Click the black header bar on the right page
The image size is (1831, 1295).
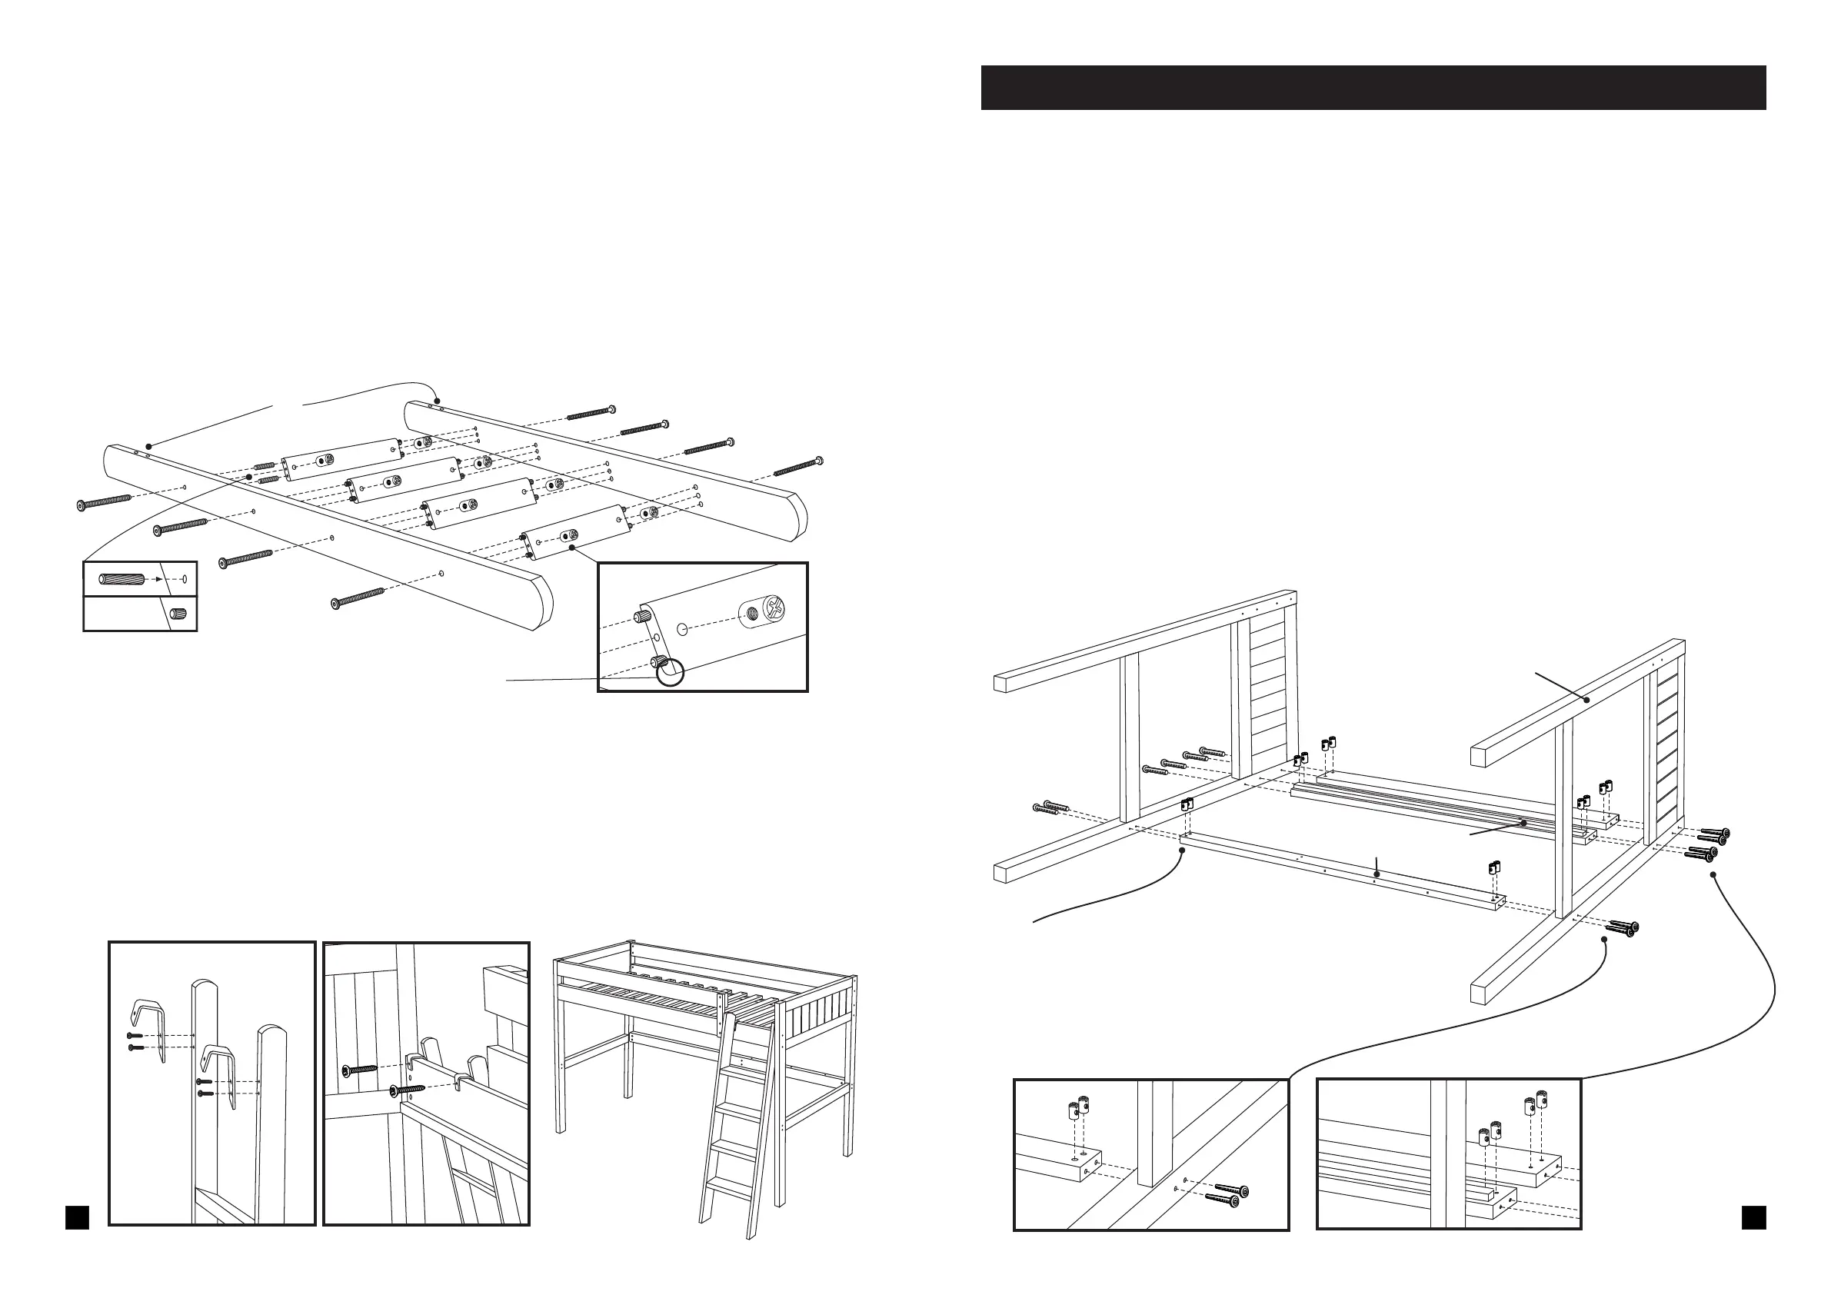click(1373, 87)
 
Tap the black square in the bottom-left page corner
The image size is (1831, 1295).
click(77, 1217)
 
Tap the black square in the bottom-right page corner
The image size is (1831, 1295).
click(1753, 1217)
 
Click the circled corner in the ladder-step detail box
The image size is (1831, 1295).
click(670, 672)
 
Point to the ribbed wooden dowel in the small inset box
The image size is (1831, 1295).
click(121, 578)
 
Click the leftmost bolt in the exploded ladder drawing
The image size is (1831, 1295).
click(105, 501)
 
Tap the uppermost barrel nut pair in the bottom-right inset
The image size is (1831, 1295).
click(1535, 1104)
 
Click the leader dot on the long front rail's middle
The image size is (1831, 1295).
click(1377, 875)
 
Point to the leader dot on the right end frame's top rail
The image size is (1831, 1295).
click(1587, 699)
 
